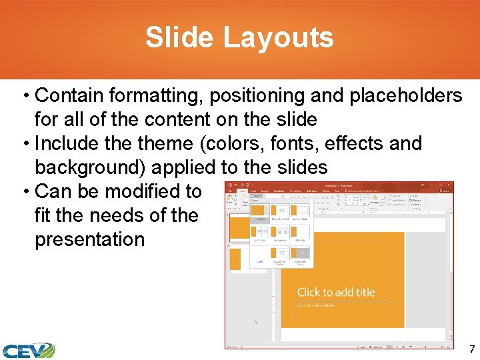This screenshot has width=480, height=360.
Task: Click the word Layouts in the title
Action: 278,37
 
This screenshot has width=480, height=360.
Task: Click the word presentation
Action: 89,239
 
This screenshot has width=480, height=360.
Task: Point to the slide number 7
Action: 472,349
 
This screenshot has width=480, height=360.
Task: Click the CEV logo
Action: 27,350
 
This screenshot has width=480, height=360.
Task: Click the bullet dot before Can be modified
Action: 25,191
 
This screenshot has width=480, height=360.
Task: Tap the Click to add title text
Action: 335,292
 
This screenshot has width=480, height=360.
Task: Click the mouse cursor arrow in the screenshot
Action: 256,321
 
